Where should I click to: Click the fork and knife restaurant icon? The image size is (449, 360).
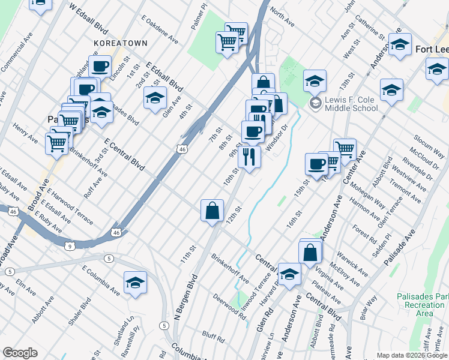(249, 157)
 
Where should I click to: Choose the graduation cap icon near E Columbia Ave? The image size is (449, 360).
(135, 283)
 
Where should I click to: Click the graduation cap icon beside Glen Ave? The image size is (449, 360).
(155, 98)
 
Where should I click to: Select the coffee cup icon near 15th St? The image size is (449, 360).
(316, 164)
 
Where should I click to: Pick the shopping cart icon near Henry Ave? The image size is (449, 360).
(57, 143)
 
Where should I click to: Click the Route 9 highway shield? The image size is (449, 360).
(70, 246)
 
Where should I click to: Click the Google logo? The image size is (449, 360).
(19, 353)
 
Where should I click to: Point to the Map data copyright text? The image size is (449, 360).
(412, 355)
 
